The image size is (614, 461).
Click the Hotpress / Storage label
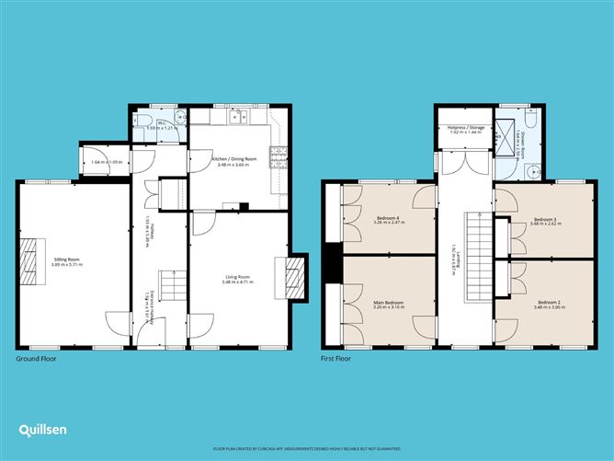[x=465, y=132]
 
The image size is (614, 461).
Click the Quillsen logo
[x=42, y=430]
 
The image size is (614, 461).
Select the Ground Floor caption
[x=36, y=359]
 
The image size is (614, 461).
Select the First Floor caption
[x=335, y=359]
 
